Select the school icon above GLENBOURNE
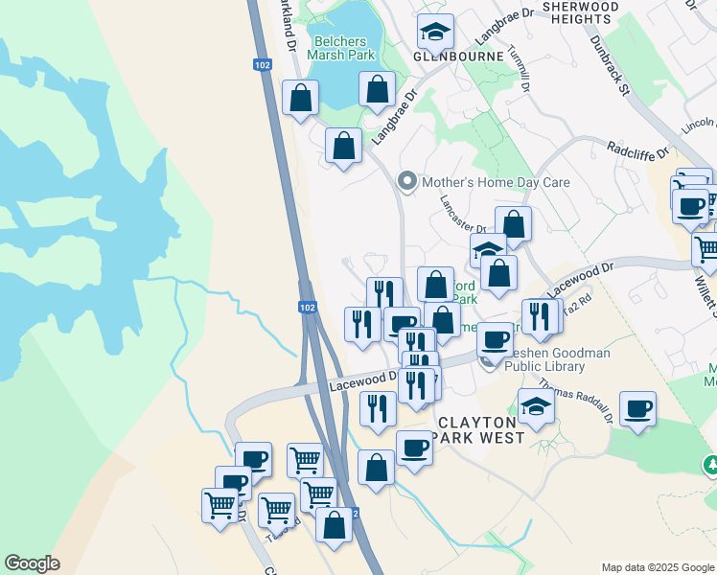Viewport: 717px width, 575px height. coord(436,33)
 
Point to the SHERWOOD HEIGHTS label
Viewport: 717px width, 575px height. coord(580,12)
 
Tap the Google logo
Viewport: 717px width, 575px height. coord(32,563)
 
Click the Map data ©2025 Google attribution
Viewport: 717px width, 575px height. coord(657,567)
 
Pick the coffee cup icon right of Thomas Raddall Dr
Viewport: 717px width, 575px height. coord(638,409)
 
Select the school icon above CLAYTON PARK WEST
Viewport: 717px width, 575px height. coord(536,407)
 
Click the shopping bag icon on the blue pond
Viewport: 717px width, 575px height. coord(378,89)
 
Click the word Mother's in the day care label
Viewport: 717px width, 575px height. coord(447,182)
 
